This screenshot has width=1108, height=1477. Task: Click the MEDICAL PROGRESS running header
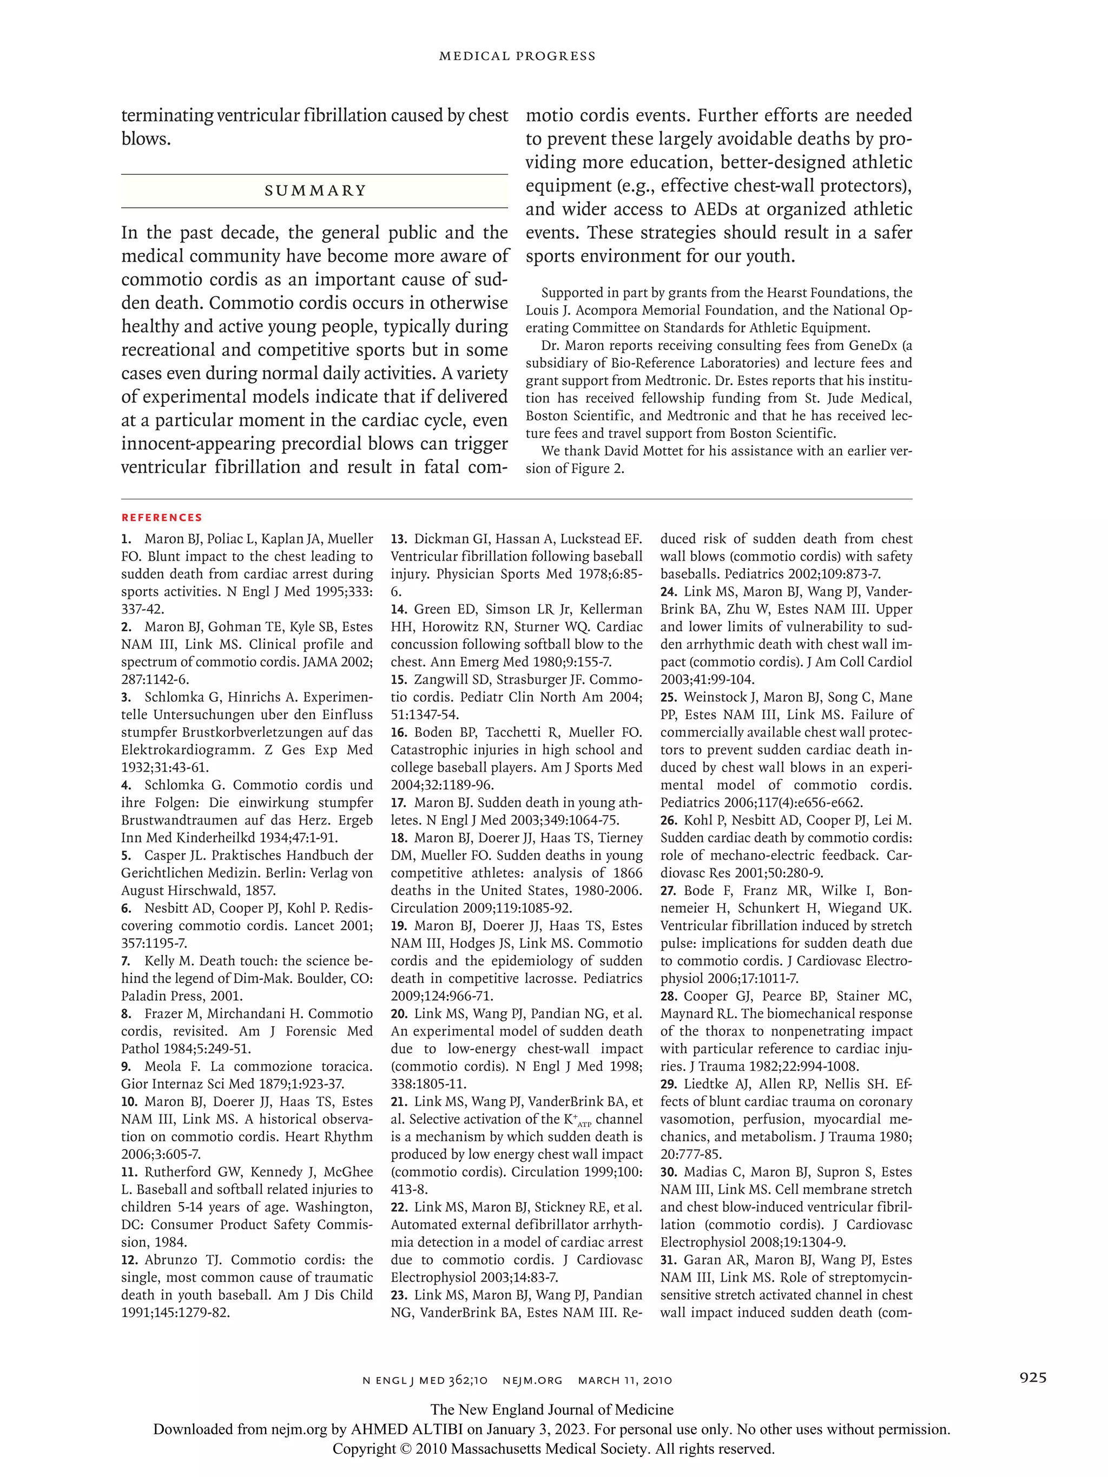tap(517, 56)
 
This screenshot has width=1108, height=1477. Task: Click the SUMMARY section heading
tap(315, 191)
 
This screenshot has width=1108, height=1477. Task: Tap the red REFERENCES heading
tap(162, 517)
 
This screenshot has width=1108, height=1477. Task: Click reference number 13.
tap(399, 539)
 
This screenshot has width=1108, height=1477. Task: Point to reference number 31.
tap(669, 1260)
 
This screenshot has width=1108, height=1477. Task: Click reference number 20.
tap(399, 1013)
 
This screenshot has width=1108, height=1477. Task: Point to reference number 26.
tap(669, 821)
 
